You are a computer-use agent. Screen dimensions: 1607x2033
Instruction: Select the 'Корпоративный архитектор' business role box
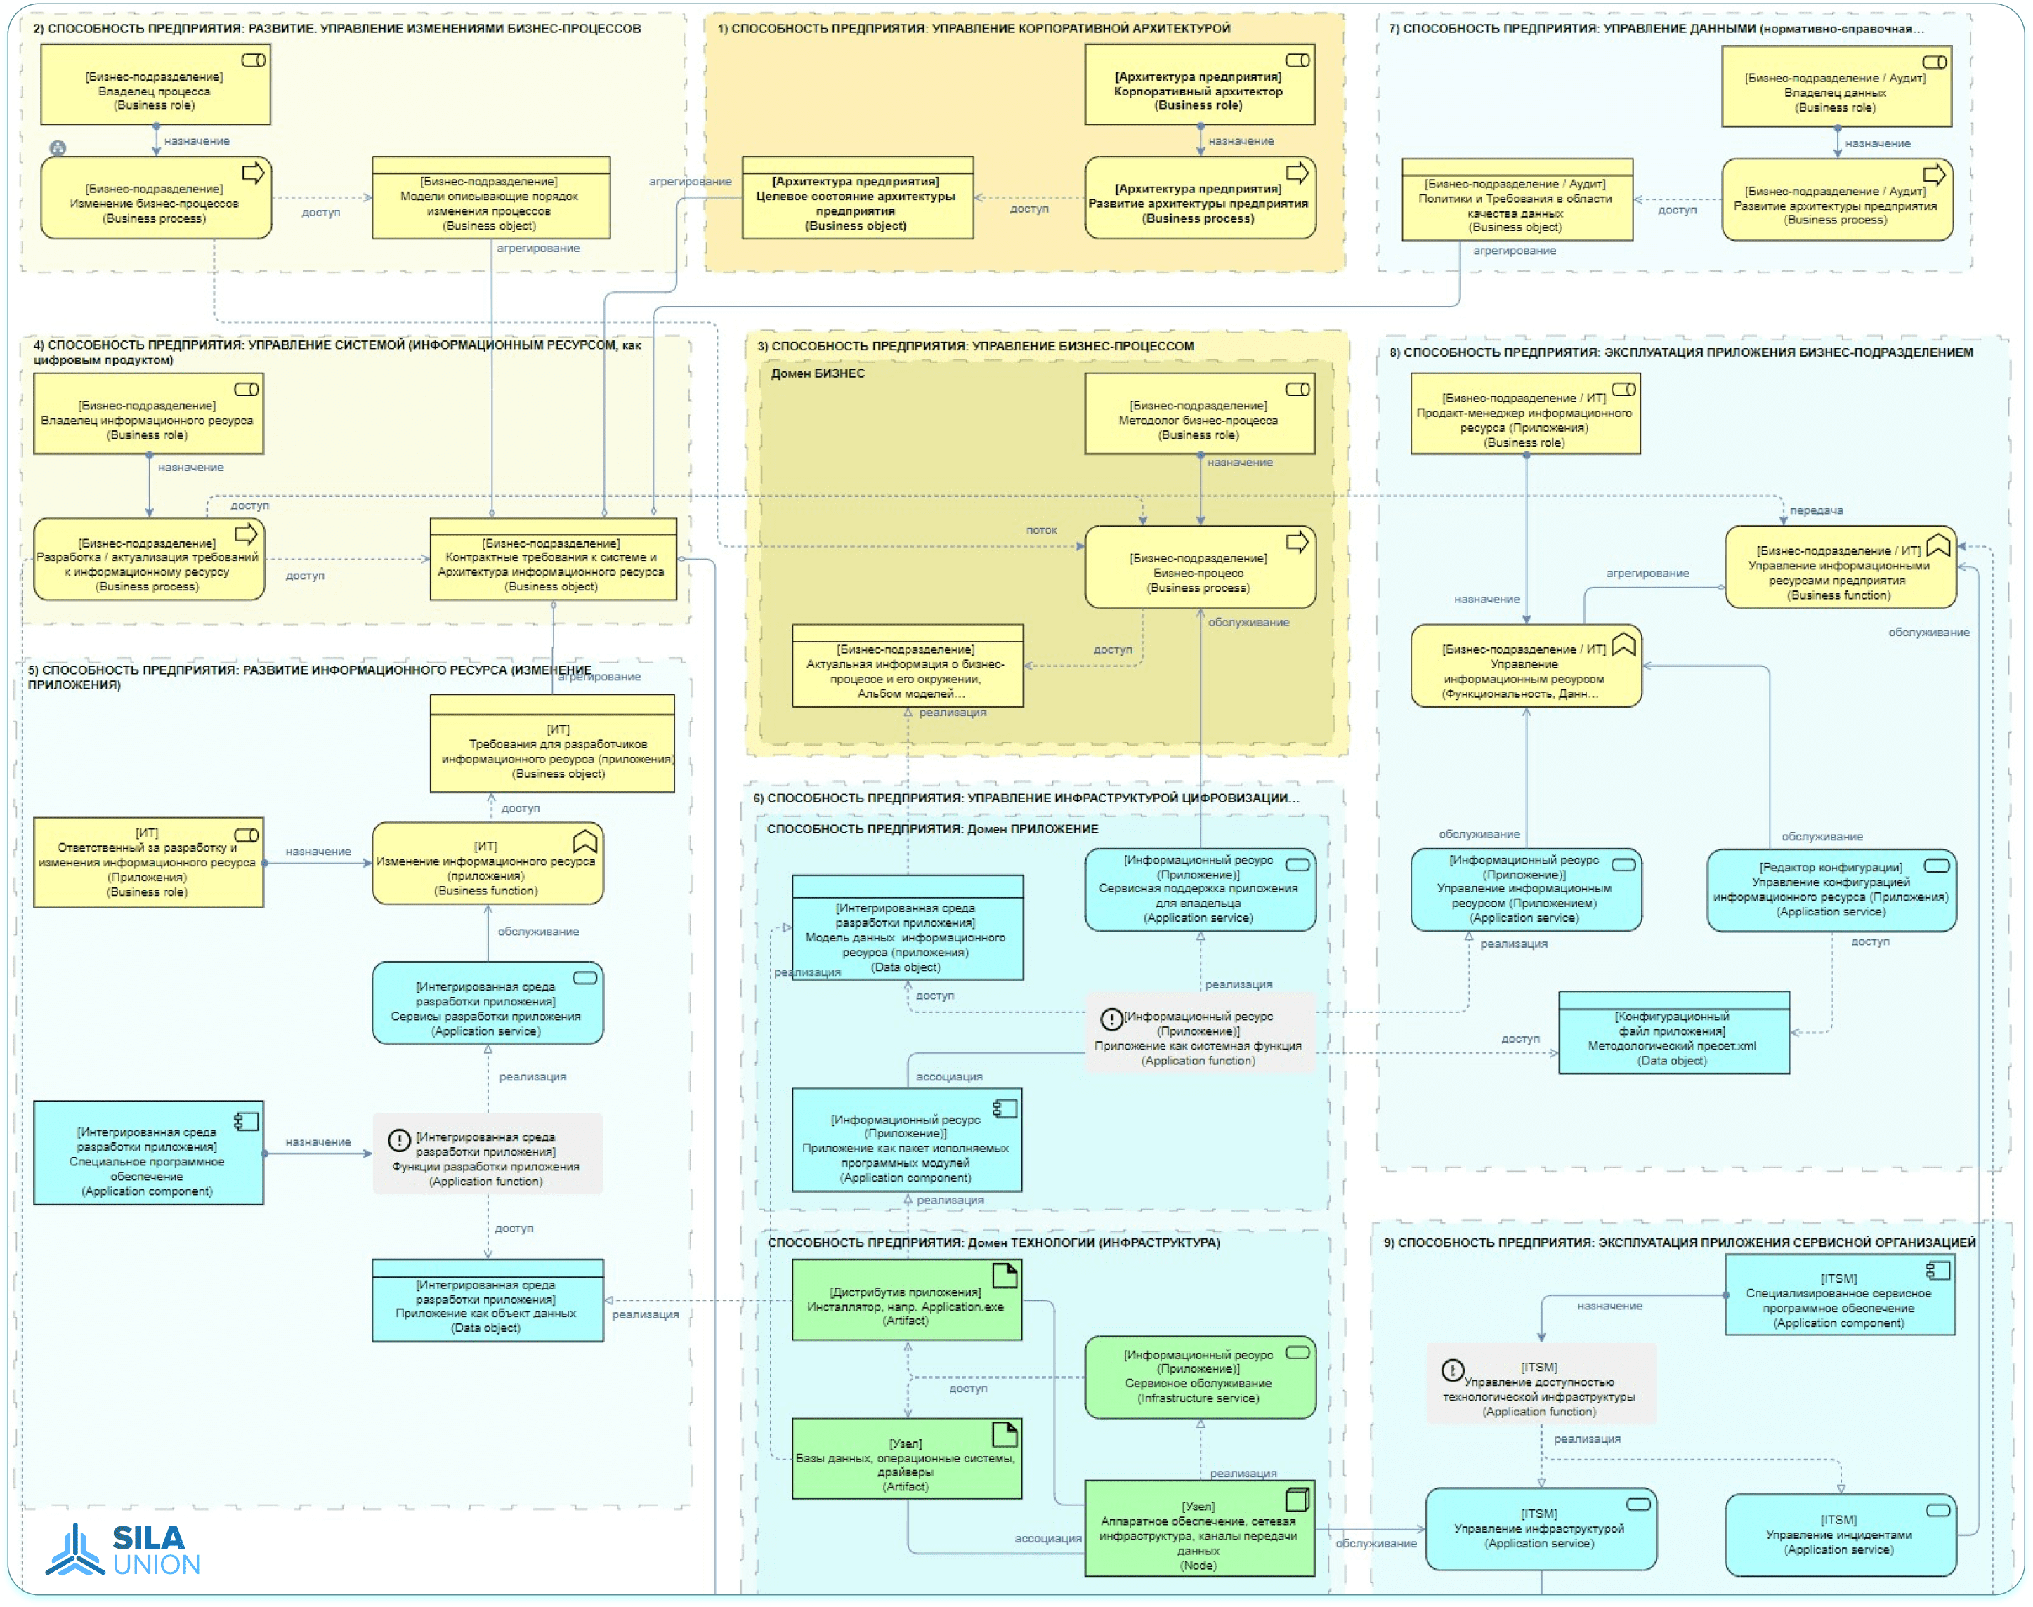(x=1199, y=86)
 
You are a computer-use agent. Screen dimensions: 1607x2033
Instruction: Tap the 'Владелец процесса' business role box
(x=155, y=86)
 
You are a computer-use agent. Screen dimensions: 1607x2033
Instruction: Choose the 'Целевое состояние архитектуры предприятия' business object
(x=856, y=199)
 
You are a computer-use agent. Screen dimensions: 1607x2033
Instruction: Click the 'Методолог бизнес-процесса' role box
(x=1199, y=415)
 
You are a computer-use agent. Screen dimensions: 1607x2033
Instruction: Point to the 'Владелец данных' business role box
(x=1836, y=86)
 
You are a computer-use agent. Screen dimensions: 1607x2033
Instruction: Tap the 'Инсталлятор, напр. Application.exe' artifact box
(x=906, y=1301)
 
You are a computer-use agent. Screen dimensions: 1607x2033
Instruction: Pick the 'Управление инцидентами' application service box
(x=1840, y=1535)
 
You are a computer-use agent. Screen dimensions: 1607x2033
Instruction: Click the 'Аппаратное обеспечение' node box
(x=1199, y=1530)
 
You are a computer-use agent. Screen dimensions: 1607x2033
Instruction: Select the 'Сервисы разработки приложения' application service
(x=488, y=1004)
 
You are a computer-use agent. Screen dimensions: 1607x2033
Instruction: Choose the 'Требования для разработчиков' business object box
(x=552, y=745)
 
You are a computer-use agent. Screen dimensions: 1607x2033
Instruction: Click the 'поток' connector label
(x=1041, y=531)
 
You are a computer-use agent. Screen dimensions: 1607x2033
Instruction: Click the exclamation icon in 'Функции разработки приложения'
(x=399, y=1140)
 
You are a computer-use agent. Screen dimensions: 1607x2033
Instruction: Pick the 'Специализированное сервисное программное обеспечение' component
(x=1839, y=1295)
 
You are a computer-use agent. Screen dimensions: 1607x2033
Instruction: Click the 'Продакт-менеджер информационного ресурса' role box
(x=1524, y=415)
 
